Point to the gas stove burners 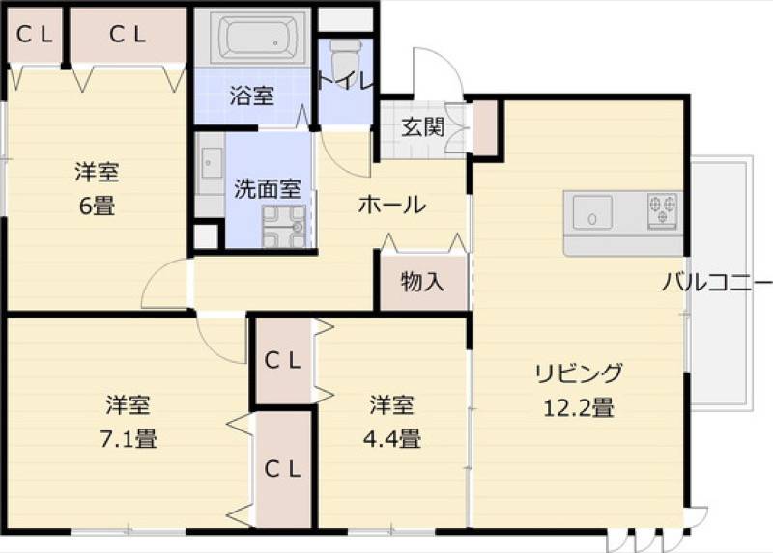[662, 210]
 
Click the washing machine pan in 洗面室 [285, 226]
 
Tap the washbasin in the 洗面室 [211, 162]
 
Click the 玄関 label [423, 127]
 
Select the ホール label [392, 205]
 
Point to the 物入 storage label [423, 282]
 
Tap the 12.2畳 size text [579, 408]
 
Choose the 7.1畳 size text [129, 438]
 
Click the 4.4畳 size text [392, 438]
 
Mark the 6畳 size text [98, 206]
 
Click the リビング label [579, 373]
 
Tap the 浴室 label [252, 96]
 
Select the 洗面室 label [268, 188]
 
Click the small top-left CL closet [35, 35]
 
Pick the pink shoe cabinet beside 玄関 [485, 127]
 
